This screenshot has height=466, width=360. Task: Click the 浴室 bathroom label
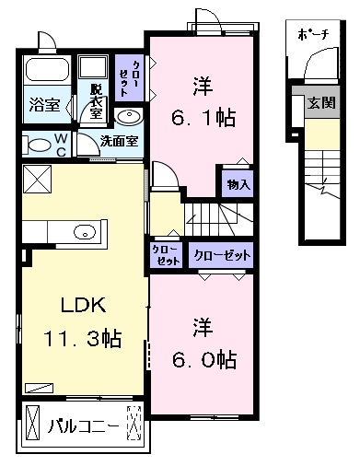click(x=45, y=105)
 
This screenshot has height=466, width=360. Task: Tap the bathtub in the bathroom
click(x=47, y=70)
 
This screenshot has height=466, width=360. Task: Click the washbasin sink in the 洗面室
click(x=129, y=116)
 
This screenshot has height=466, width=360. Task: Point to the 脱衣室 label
click(x=97, y=101)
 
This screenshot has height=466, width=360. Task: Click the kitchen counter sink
click(x=85, y=232)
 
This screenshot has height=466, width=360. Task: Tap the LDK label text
click(x=84, y=305)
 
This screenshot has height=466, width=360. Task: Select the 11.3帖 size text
click(x=83, y=338)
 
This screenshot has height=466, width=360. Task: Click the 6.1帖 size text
click(x=203, y=118)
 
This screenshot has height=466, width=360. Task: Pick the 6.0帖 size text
click(x=204, y=359)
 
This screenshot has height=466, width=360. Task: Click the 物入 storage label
click(x=238, y=184)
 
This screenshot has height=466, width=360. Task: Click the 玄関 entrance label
click(x=321, y=102)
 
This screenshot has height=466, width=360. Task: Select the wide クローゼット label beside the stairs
click(x=222, y=255)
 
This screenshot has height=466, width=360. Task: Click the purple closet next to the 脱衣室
click(x=129, y=77)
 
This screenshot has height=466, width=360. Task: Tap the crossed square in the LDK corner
click(x=38, y=179)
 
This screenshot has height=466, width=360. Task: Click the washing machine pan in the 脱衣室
click(x=93, y=66)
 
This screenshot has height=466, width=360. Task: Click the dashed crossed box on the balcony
click(x=134, y=423)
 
